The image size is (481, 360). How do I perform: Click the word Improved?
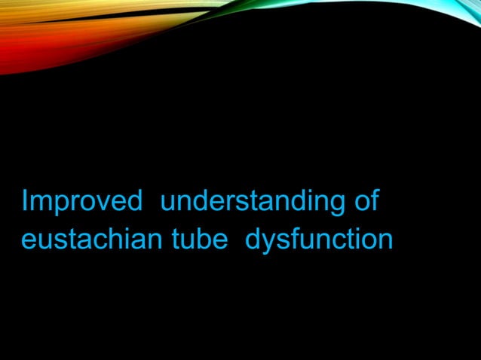coord(82,202)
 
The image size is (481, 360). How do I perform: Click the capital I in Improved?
coord(25,202)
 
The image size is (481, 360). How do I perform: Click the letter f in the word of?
coord(374,201)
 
